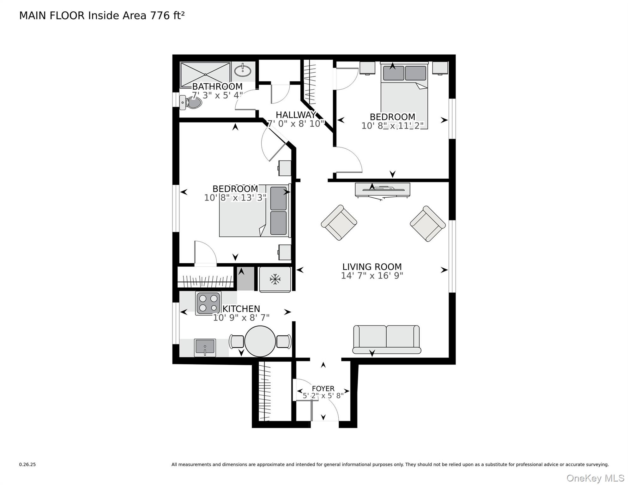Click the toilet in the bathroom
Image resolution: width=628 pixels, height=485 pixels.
pos(192,103)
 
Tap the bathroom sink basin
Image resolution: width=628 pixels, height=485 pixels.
pos(243,71)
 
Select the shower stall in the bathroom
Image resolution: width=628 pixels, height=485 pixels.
pos(205,75)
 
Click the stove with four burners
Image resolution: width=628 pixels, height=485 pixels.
pos(208,303)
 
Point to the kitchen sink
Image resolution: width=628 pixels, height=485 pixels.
pos(205,347)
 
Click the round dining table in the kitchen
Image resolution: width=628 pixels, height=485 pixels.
pos(260,341)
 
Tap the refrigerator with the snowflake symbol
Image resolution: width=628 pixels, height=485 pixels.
pos(275,279)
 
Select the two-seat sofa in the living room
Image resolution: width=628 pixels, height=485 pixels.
pos(386,339)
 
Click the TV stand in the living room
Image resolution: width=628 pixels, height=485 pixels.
pos(383,190)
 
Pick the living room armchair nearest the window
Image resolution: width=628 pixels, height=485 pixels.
pos(427,224)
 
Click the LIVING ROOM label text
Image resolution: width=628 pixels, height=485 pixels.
pos(372,267)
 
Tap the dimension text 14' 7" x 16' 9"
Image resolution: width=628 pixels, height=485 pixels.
pos(372,276)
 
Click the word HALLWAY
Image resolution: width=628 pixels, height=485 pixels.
pos(295,115)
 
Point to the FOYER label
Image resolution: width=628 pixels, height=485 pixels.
pos(323,388)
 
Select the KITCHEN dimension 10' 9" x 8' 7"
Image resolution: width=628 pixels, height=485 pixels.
pos(241,318)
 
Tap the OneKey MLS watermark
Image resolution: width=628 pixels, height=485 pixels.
pos(595,478)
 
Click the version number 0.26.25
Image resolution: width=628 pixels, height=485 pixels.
pos(27,464)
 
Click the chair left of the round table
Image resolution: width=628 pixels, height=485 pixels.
pos(236,341)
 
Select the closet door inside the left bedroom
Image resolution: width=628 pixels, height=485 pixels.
pos(205,253)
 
